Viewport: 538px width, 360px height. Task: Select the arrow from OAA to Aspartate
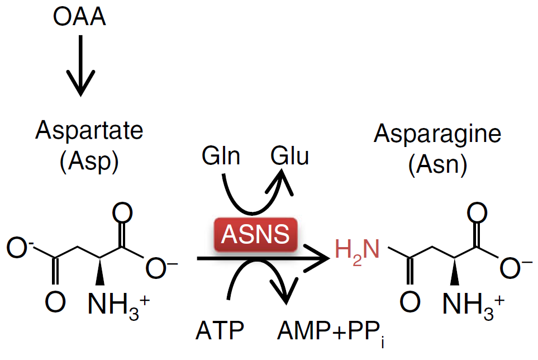80,65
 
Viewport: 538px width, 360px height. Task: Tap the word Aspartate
89,130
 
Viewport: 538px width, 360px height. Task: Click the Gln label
222,157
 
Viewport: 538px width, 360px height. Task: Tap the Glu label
289,157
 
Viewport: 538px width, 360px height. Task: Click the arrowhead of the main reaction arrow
318,258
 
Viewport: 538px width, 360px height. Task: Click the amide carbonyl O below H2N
410,302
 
